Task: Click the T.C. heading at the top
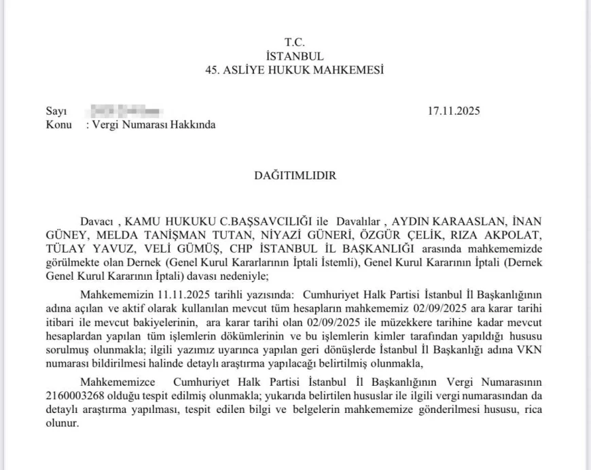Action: coord(295,43)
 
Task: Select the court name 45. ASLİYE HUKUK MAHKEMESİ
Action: coord(295,69)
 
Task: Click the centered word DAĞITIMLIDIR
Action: coord(295,175)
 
